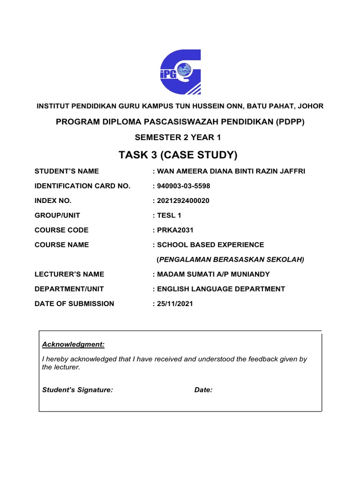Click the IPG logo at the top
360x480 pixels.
click(180, 72)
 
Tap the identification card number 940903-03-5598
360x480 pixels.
click(184, 186)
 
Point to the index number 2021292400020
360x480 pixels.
click(183, 201)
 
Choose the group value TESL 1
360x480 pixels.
click(169, 215)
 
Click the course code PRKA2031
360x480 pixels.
click(175, 230)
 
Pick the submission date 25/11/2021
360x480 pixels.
click(174, 303)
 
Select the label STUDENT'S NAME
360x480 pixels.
click(67, 171)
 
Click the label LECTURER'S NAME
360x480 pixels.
click(69, 274)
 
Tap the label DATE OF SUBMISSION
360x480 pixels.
click(74, 303)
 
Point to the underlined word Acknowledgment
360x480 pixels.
click(73, 345)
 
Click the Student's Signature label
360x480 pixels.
click(77, 390)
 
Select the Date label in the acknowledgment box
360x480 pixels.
click(203, 390)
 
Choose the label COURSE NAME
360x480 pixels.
click(61, 245)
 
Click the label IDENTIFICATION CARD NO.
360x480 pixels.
click(82, 186)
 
